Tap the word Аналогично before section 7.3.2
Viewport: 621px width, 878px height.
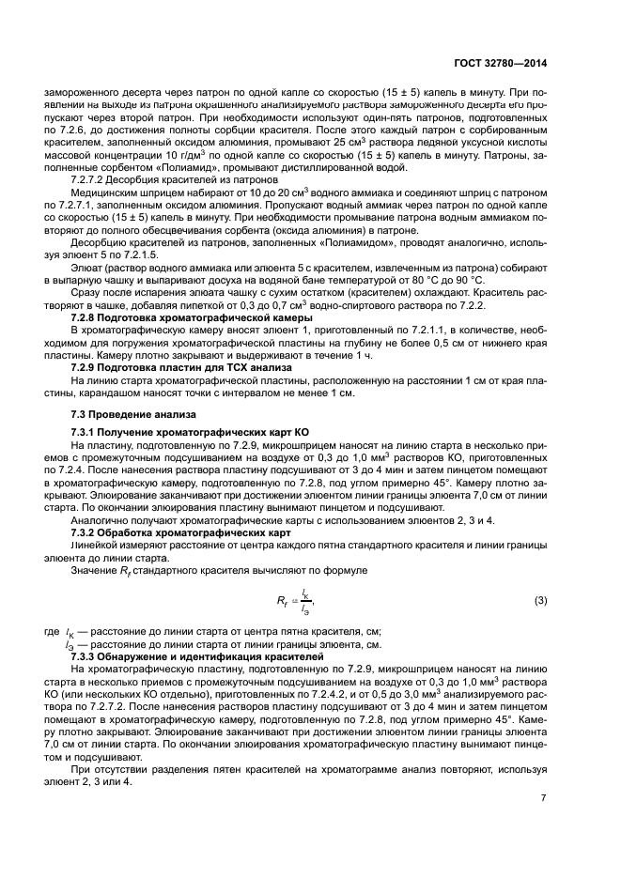click(99, 520)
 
